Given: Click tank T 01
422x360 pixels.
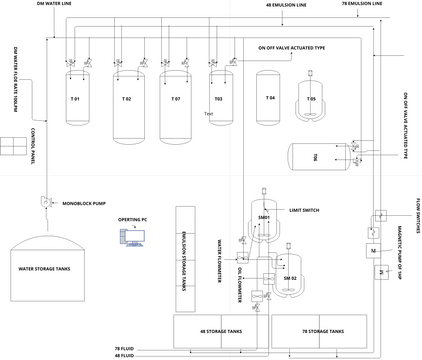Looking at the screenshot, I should [75, 99].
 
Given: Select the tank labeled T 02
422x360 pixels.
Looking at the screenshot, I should [126, 103].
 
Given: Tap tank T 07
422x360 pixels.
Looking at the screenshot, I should [175, 103].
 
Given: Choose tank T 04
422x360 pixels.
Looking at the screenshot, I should [269, 97].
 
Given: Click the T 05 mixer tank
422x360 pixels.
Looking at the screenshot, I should [312, 99].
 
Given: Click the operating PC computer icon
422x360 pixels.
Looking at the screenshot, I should [132, 238].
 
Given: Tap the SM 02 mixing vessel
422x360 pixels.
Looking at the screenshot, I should [291, 276].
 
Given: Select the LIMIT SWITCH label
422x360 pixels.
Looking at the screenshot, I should [304, 212].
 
